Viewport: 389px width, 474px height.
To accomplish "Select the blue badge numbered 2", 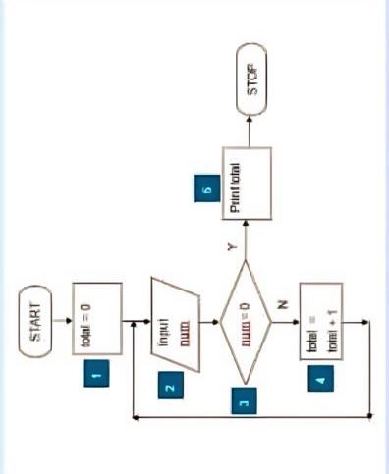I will (170, 387).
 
